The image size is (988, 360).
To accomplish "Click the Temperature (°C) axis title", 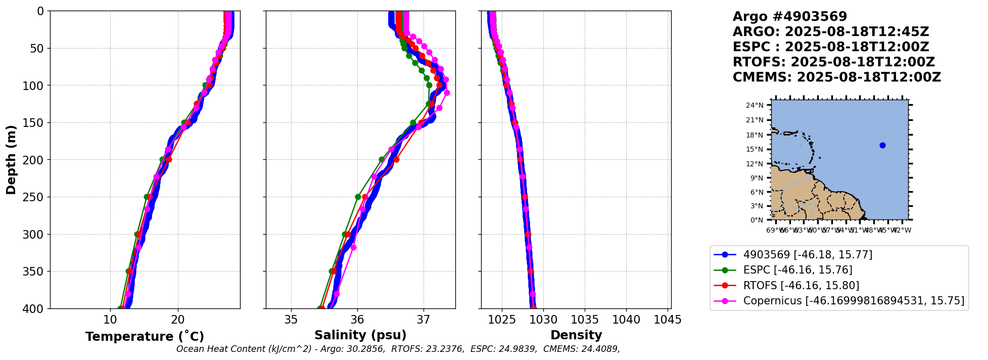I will coord(145,337).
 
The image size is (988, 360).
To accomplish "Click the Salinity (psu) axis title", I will coord(360,335).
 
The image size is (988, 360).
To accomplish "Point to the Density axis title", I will coord(576,335).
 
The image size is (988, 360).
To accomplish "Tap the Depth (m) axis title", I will coord(11,160).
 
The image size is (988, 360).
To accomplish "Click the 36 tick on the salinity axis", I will coord(357,320).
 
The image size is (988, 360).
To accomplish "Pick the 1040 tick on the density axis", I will coord(626,320).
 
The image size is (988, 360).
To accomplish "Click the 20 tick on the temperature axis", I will coord(178,320).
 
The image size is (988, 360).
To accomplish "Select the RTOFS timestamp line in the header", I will coord(834,62).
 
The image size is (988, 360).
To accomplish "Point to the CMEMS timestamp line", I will coord(837,77).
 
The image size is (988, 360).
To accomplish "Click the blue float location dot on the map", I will coord(882,145).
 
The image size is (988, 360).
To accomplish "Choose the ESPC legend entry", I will coord(797,270).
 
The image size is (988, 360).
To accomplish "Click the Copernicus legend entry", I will coord(853,301).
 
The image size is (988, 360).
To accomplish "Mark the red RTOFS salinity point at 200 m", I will coord(396,160).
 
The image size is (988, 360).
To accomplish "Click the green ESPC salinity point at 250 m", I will coord(358,197).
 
